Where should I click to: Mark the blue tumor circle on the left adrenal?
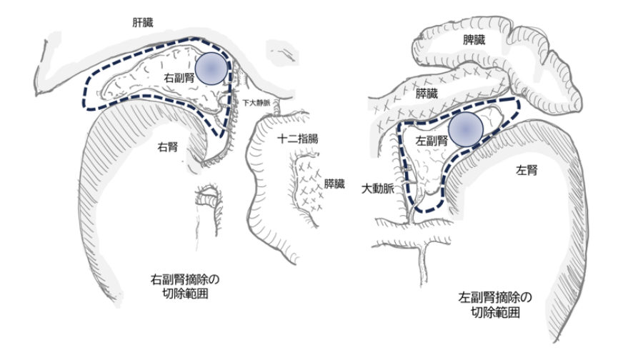466,129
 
